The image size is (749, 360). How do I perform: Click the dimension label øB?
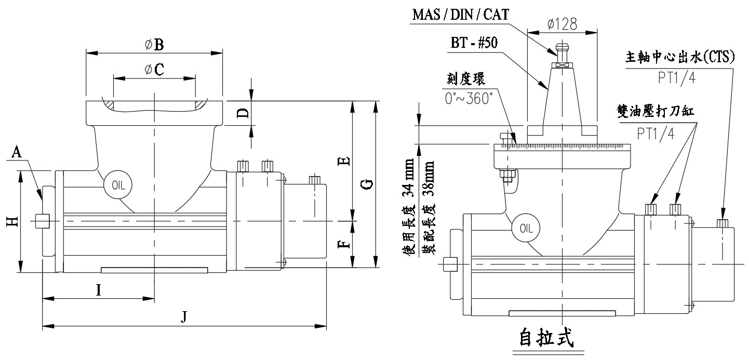[x=155, y=45]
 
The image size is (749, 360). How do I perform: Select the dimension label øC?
[x=154, y=70]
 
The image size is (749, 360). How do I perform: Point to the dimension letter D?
[x=242, y=113]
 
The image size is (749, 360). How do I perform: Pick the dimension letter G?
[x=367, y=184]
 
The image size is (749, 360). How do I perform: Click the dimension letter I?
[x=99, y=290]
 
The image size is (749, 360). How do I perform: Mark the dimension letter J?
[x=183, y=316]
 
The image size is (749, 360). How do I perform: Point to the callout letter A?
[x=17, y=152]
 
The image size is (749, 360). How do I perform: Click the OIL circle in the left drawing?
[x=117, y=184]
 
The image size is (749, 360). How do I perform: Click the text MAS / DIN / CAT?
[x=461, y=14]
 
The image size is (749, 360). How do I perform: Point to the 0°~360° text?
[x=469, y=98]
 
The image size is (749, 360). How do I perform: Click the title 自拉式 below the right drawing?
[x=547, y=338]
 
